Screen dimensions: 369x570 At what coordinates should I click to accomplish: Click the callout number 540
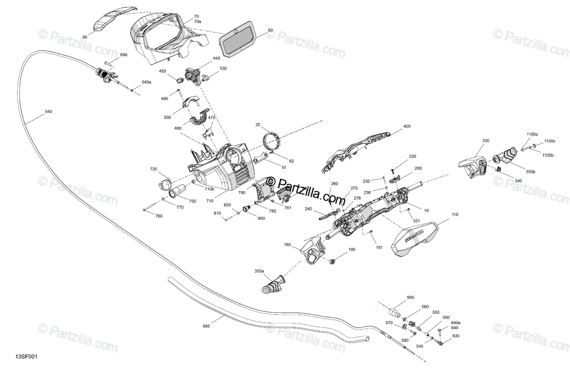tap(48, 112)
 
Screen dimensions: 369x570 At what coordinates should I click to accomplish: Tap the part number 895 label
tap(206, 326)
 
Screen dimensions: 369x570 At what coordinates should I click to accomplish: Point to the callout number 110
tap(455, 215)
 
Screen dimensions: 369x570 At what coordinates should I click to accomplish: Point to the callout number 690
tap(123, 55)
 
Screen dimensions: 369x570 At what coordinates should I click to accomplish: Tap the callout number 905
tap(410, 298)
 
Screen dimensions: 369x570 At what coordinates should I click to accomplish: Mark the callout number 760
tap(159, 217)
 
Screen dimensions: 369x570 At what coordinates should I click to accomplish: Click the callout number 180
tap(287, 245)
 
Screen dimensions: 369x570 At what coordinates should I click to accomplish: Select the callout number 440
tap(216, 58)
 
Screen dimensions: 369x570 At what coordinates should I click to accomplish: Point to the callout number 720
tap(153, 169)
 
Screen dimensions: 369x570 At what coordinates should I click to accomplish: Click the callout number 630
tap(456, 336)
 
